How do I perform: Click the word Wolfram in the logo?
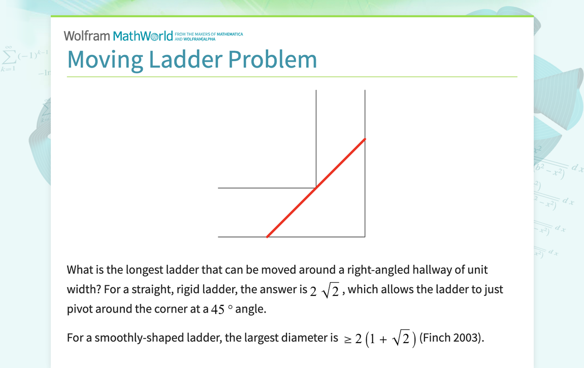[x=86, y=36]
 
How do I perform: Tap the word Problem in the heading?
[x=272, y=59]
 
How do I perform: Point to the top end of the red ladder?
[x=365, y=139]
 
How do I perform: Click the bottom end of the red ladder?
[x=267, y=236]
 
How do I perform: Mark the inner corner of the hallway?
[x=316, y=188]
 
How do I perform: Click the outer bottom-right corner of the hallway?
[x=365, y=236]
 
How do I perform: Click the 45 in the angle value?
[x=217, y=310]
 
